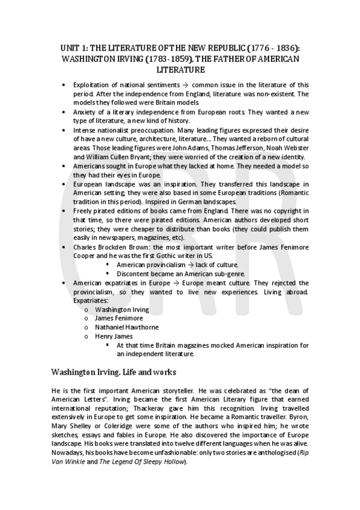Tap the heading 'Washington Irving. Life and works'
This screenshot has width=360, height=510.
[114, 373]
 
